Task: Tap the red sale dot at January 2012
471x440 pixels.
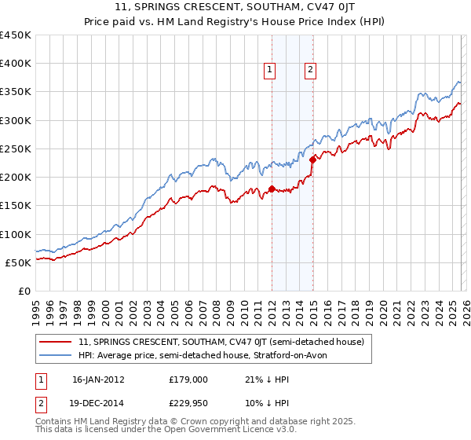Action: [x=272, y=189]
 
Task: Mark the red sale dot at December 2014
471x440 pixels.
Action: [x=312, y=160]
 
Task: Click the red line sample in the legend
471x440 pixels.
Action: [x=57, y=342]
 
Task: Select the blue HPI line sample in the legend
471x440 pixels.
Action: [x=57, y=355]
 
